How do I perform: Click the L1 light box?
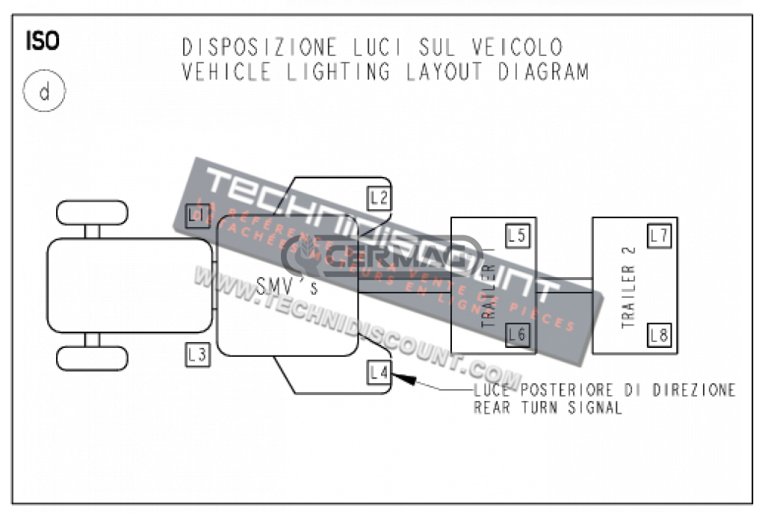196,216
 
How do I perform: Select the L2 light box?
379,198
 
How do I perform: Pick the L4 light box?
379,372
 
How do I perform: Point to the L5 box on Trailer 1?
517,236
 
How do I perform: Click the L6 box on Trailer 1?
517,335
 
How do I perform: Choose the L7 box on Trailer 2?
659,236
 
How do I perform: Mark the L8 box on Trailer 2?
659,335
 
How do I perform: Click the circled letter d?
44,93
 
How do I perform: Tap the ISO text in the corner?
43,41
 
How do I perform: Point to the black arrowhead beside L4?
403,379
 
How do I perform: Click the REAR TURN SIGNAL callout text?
548,408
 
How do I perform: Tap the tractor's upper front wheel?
92,212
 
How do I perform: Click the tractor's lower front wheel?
92,358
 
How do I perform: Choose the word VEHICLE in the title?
217,72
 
